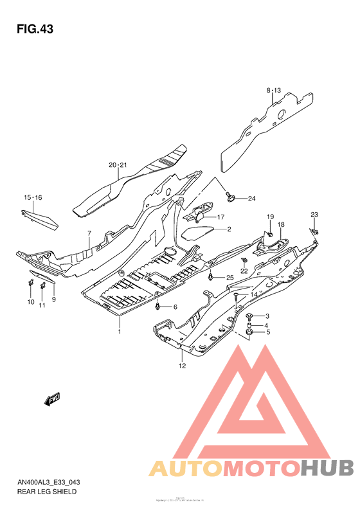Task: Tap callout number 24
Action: [251, 198]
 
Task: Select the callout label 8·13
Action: [274, 91]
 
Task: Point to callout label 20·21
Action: [118, 165]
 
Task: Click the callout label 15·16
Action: [33, 197]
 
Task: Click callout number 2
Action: [228, 229]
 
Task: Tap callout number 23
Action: [314, 214]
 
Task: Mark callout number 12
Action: [182, 366]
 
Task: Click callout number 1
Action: [119, 332]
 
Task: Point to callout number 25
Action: [229, 277]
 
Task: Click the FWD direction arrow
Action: [52, 400]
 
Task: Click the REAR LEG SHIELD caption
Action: [47, 492]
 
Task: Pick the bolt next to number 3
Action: [251, 316]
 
